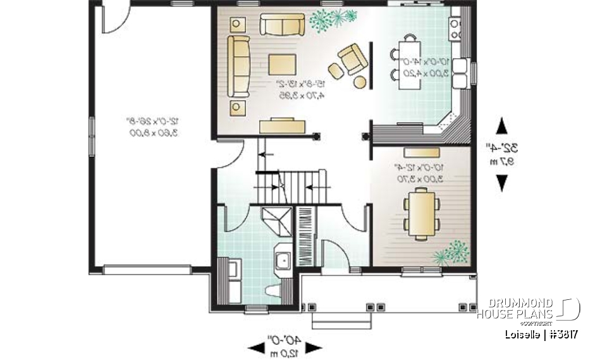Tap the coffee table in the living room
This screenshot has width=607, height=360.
click(283, 65)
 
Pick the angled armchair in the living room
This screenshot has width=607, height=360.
click(352, 58)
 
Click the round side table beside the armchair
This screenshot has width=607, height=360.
click(359, 81)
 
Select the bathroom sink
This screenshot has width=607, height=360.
click(281, 259)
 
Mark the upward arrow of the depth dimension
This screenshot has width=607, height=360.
click(502, 125)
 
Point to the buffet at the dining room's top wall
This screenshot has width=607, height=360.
click(422, 152)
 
